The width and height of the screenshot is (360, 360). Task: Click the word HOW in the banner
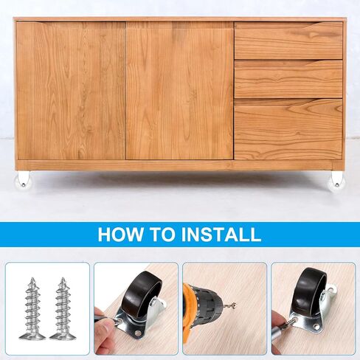point(120,235)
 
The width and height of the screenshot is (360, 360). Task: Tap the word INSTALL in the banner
point(221,235)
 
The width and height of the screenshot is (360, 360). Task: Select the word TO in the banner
point(162,235)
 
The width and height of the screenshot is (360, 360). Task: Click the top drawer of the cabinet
point(288,41)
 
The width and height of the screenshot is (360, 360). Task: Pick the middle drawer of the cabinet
point(288,79)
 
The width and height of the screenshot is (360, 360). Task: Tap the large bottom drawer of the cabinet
point(288,129)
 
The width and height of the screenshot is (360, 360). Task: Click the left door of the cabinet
point(71,91)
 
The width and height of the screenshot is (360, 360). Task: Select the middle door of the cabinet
point(179,91)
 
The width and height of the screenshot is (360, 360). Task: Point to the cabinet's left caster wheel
point(23,180)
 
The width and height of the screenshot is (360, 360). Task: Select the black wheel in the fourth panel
point(311,290)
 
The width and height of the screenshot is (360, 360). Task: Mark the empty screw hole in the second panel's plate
point(138,333)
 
